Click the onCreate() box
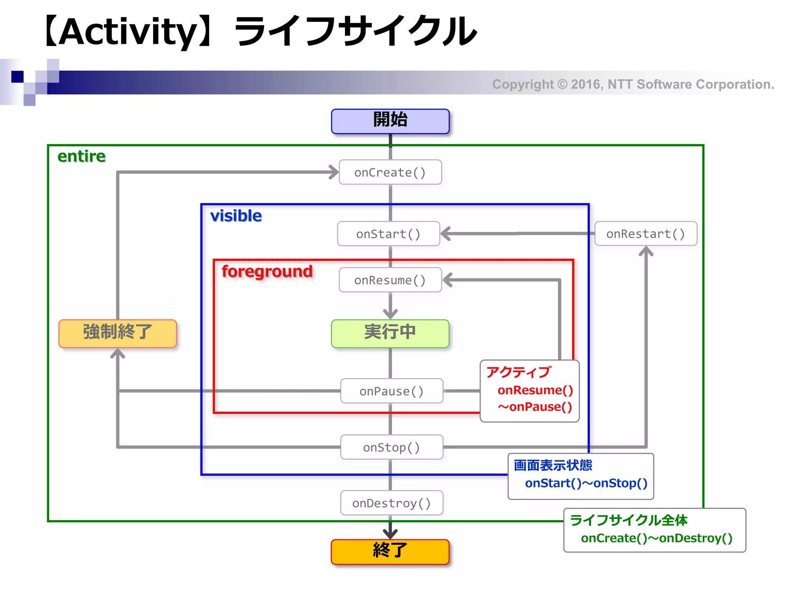[390, 172]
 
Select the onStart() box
[388, 234]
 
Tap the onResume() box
[390, 280]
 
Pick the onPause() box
[392, 391]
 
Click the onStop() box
[392, 447]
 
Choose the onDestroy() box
[392, 503]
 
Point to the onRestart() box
[646, 234]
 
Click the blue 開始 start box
[390, 121]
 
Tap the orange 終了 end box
[390, 552]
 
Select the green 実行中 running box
[390, 333]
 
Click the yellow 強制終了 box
[118, 333]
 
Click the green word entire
[81, 156]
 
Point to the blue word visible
[236, 216]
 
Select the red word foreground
[267, 271]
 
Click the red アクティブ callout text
[518, 372]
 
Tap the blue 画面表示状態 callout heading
[553, 465]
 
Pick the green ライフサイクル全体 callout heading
[629, 520]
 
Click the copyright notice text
[633, 84]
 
